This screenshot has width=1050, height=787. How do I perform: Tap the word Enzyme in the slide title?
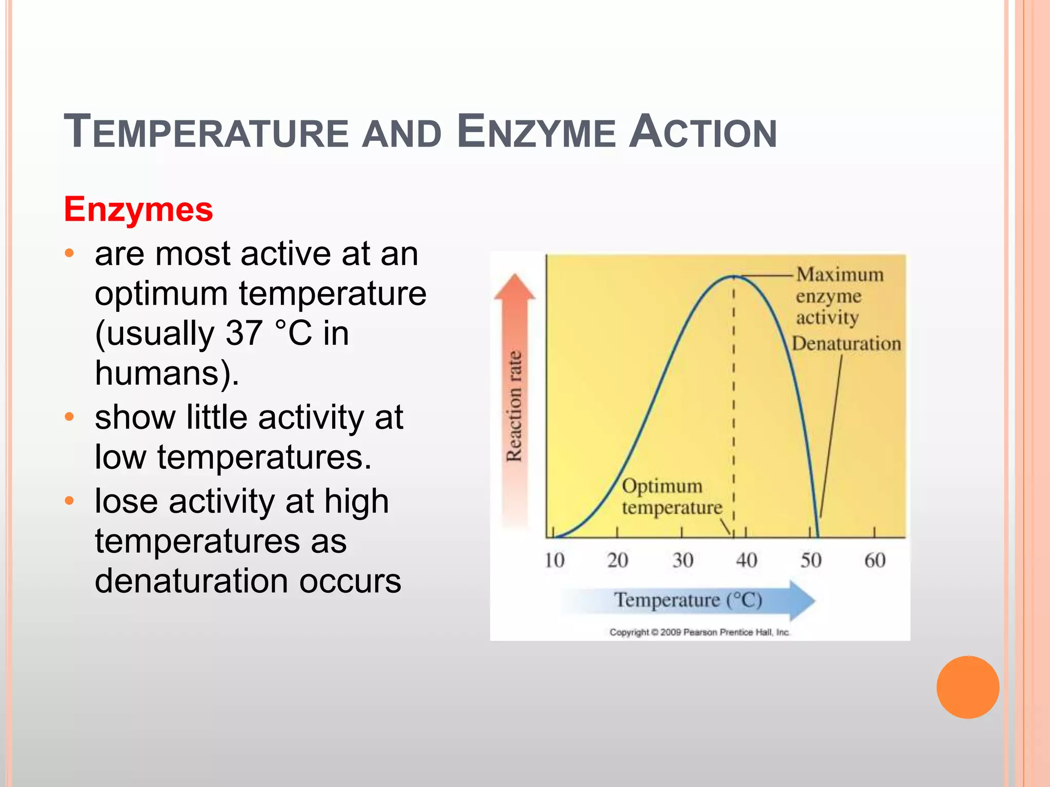pos(536,132)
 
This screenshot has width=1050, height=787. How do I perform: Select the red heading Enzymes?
pos(138,209)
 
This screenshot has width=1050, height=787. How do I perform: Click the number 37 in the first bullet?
pos(244,333)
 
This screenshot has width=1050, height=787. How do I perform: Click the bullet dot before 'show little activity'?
pos(70,416)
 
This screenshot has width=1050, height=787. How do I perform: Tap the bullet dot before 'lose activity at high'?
pos(70,500)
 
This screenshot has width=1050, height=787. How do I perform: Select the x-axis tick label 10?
pos(554,560)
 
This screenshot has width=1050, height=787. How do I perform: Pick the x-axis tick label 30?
pos(682,560)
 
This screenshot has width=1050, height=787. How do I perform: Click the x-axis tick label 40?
pos(746,560)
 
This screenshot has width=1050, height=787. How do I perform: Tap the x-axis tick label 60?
pos(875,560)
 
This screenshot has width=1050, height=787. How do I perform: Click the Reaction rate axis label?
pos(514,406)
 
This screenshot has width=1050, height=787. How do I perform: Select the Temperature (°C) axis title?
pos(688,600)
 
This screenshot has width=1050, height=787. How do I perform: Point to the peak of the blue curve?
pos(733,276)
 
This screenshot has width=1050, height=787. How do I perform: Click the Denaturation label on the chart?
pos(846,343)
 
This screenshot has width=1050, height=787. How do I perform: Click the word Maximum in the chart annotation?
pos(840,275)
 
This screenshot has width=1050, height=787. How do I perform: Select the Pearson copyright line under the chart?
pos(699,632)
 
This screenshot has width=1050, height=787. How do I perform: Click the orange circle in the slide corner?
pos(967,687)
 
